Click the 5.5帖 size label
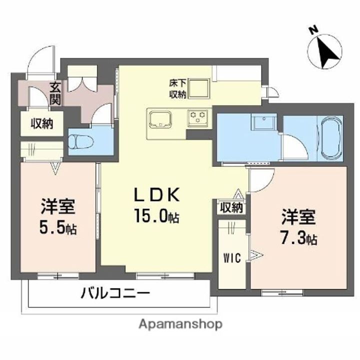57,229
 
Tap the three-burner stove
198,118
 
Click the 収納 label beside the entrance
41,123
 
